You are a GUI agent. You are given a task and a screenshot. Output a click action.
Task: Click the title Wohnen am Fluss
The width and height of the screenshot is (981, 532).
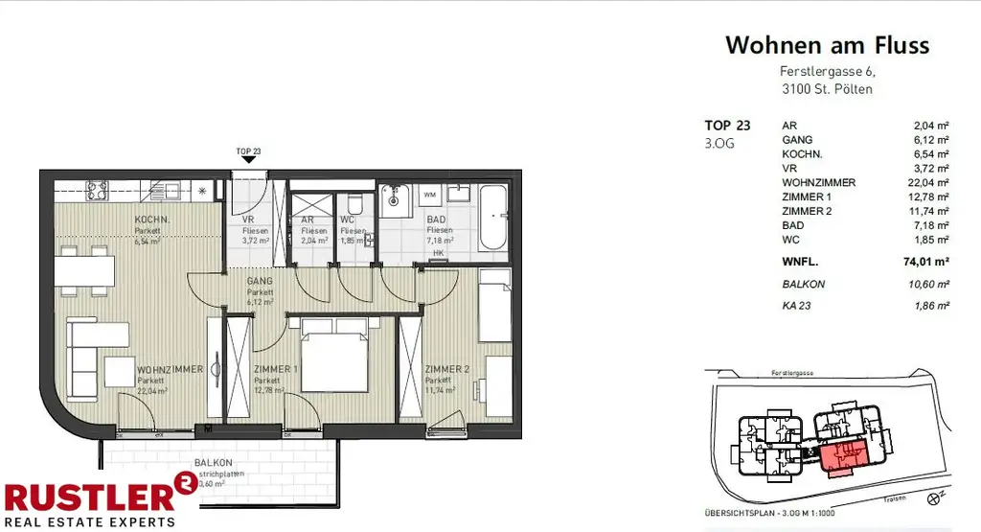(x=827, y=45)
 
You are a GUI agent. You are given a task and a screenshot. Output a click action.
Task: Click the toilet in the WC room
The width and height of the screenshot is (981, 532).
(x=354, y=205)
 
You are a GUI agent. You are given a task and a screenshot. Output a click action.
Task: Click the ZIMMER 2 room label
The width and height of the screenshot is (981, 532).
(x=448, y=369)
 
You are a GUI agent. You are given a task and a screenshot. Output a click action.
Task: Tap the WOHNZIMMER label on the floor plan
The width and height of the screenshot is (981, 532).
(x=170, y=369)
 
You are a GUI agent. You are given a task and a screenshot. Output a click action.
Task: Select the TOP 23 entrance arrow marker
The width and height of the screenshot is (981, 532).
(x=248, y=160)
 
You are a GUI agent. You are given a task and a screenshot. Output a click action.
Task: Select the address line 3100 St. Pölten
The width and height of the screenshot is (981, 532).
(x=827, y=89)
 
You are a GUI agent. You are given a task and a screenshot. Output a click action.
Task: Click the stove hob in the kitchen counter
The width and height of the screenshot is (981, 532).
(x=97, y=189)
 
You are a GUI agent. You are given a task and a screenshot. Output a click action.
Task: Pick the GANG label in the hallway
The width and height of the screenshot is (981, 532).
(x=260, y=282)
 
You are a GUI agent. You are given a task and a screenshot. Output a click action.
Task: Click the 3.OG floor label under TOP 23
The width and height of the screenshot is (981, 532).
(x=720, y=143)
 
